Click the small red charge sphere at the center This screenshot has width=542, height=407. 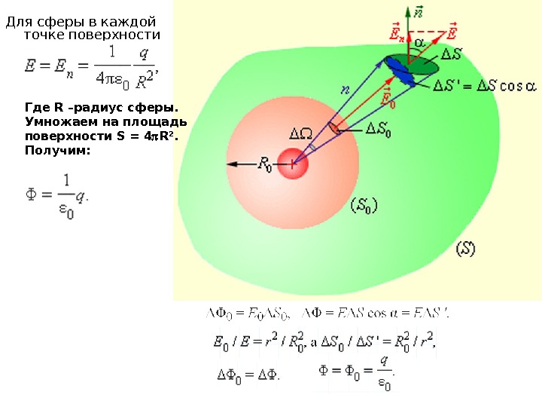pyautogui.click(x=294, y=163)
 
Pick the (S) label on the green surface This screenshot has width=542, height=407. pyautogui.click(x=467, y=249)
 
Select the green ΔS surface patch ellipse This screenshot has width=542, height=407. pyautogui.click(x=422, y=63)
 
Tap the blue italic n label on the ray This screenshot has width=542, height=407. pyautogui.click(x=346, y=90)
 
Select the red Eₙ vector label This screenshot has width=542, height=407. pyautogui.click(x=397, y=32)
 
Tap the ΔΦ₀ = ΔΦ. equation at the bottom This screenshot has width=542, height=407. pyautogui.click(x=248, y=374)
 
